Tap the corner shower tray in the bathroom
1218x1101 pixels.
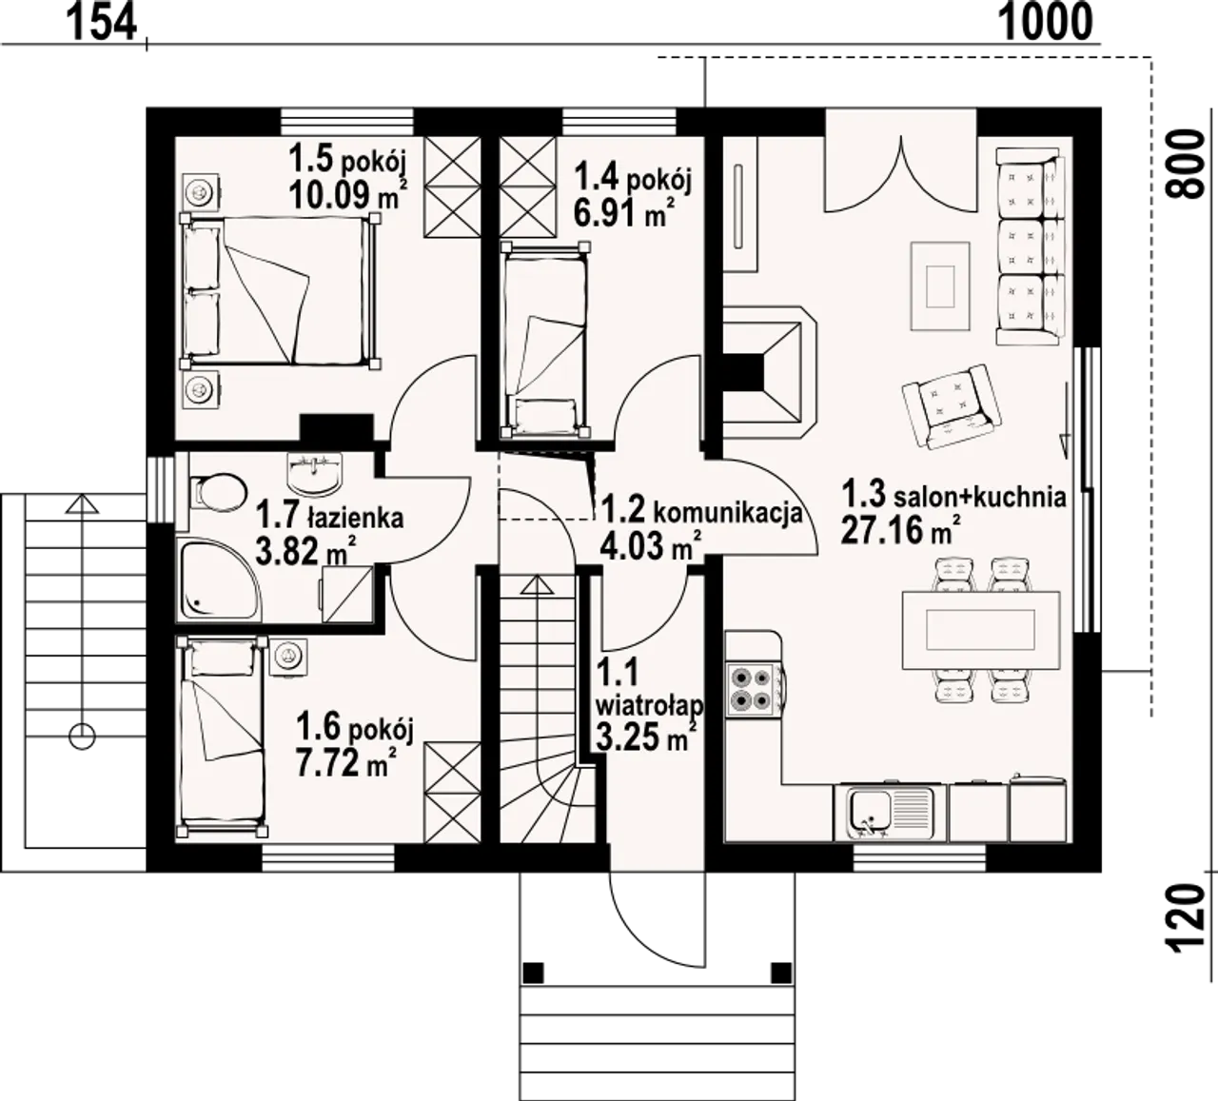[219, 580]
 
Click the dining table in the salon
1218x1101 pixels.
[980, 630]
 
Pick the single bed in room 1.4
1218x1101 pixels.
[544, 340]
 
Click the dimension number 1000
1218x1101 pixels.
[1046, 23]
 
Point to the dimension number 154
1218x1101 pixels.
[101, 23]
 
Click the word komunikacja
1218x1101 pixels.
[728, 513]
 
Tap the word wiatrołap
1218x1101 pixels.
[650, 706]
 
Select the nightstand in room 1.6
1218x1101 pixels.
[288, 656]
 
